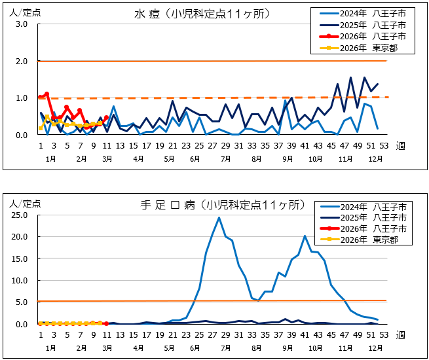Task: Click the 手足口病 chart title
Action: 223,205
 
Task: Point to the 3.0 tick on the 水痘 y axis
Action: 21,24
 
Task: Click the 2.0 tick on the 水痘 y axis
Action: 21,62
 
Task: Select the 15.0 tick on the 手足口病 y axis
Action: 18,258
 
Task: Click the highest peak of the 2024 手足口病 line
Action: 219,217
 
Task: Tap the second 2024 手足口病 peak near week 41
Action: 305,236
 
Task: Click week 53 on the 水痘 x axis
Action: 384,145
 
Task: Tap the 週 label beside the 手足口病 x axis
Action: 401,334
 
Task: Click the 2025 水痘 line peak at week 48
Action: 350,77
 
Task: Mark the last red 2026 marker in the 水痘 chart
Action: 106,118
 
